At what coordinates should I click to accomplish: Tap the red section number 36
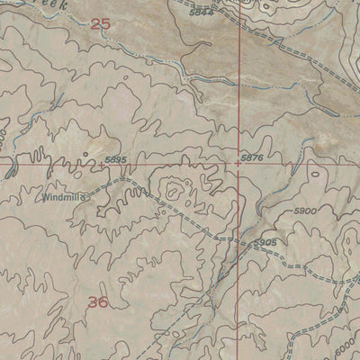click(99, 302)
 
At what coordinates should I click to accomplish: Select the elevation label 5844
click(203, 12)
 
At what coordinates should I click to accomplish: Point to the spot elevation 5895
click(115, 159)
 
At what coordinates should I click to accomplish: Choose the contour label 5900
click(306, 211)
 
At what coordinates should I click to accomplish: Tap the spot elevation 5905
click(264, 243)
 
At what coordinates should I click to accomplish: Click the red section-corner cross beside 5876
click(238, 165)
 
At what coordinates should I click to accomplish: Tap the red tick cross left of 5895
click(101, 165)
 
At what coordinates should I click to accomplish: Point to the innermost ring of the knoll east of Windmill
click(173, 190)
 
